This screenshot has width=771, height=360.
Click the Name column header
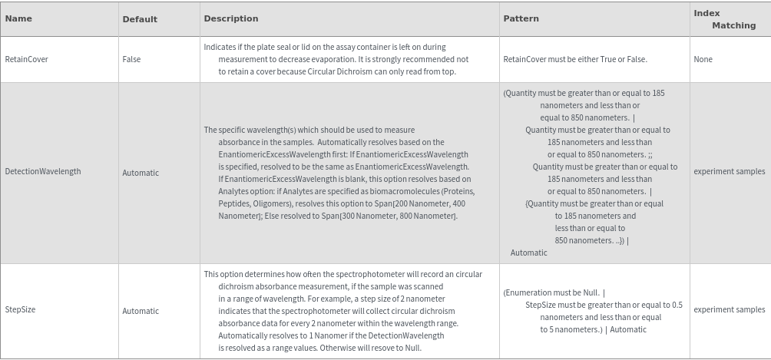pyautogui.click(x=18, y=18)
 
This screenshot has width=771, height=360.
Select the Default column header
pyautogui.click(x=140, y=19)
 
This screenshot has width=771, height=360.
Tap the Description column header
pyautogui.click(x=230, y=18)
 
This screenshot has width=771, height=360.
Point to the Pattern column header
pyautogui.click(x=521, y=18)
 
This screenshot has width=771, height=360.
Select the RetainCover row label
pyautogui.click(x=27, y=59)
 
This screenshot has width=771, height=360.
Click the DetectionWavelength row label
pyautogui.click(x=43, y=171)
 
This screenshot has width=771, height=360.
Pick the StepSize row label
pyautogui.click(x=21, y=309)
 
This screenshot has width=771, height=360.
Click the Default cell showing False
pyautogui.click(x=131, y=59)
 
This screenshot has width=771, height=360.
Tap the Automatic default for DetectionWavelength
pyautogui.click(x=141, y=173)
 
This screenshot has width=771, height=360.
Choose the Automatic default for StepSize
pyautogui.click(x=141, y=311)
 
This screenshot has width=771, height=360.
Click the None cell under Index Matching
pyautogui.click(x=703, y=59)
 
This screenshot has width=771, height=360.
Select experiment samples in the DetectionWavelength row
pyautogui.click(x=729, y=171)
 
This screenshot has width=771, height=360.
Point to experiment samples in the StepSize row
pyautogui.click(x=729, y=309)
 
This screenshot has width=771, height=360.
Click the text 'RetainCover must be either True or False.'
pyautogui.click(x=575, y=59)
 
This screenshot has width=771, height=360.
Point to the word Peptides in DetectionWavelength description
pyautogui.click(x=234, y=203)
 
